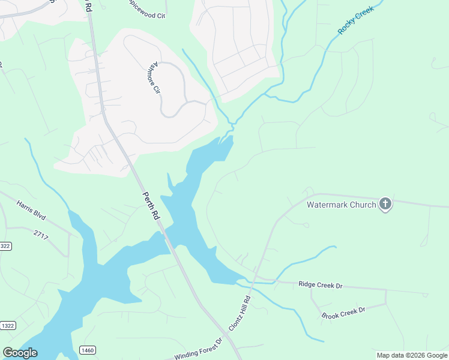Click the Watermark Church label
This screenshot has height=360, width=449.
point(341,205)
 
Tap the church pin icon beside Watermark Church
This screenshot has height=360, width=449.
point(385,204)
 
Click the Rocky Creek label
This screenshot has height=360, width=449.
point(355,20)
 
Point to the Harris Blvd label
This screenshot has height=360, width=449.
point(31,211)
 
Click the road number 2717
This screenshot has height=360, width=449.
point(41,235)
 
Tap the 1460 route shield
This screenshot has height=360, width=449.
point(88,350)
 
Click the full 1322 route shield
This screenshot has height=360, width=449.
point(7,326)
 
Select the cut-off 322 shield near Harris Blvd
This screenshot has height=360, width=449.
point(5,246)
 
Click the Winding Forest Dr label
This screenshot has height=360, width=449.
point(198,349)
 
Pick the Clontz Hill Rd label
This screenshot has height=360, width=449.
point(239,313)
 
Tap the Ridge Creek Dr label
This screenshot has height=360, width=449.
point(320,286)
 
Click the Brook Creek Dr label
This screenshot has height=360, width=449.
point(343,313)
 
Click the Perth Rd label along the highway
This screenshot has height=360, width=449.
point(151,205)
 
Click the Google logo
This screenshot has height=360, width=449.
point(20,353)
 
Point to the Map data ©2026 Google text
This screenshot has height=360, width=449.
point(411,355)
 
